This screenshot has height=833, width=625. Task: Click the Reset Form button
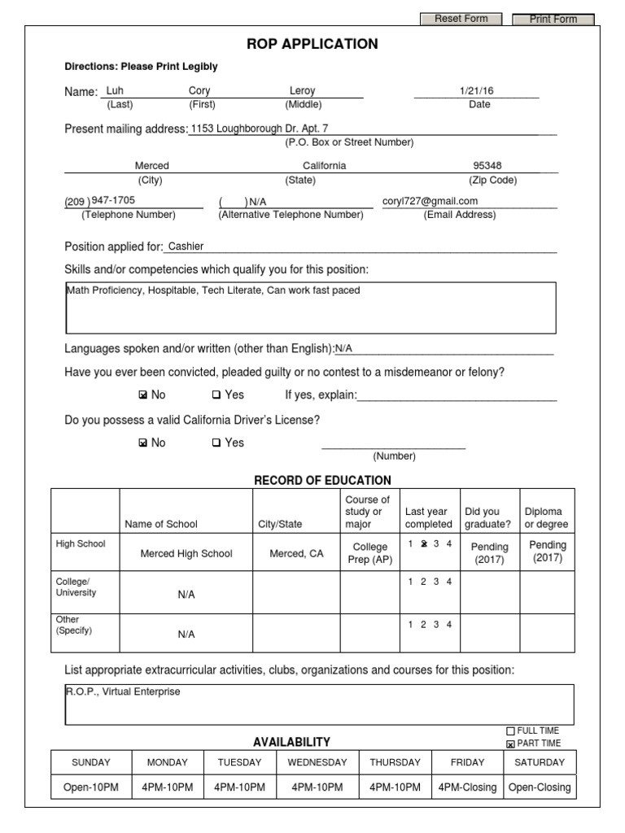pos(461,19)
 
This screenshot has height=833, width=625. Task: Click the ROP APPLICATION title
pos(312,44)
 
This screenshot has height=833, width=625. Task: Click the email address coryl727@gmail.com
pos(431,201)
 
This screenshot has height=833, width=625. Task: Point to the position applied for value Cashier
pos(186,246)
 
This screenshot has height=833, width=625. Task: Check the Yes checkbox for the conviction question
pos(216,395)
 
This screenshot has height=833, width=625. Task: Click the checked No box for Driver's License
pos(144,443)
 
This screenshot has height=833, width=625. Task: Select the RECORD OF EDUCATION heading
pos(322,480)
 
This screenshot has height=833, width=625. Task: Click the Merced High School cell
pos(186,553)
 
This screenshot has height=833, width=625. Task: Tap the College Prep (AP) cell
pos(369,553)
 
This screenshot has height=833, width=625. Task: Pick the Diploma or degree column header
pos(546,518)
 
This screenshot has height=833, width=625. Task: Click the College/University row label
pos(76,587)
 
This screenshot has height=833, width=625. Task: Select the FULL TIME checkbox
pos(511,731)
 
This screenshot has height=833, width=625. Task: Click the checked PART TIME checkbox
pos(511,744)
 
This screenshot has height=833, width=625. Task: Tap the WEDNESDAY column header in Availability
pos(317,762)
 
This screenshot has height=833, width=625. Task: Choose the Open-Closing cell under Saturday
pos(540,787)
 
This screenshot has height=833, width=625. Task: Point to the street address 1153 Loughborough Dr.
pos(259,128)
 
